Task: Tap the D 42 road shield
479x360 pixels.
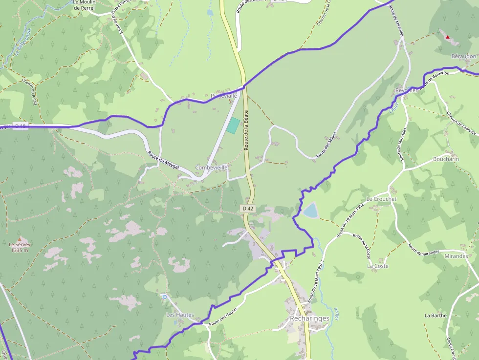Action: (248, 209)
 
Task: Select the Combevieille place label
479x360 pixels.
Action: (212, 168)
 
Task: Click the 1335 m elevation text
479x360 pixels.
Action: (19, 250)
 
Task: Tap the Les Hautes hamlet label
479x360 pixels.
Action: (180, 315)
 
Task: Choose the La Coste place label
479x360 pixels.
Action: (378, 266)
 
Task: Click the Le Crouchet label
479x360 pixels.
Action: (382, 199)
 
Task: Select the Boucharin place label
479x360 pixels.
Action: (446, 159)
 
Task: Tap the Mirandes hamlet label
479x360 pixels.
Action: (456, 256)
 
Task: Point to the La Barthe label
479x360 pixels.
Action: (435, 316)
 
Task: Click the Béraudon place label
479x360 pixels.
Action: (463, 56)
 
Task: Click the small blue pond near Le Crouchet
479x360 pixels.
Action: (310, 211)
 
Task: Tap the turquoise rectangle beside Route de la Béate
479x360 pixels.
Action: (233, 126)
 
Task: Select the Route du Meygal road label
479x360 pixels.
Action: (163, 160)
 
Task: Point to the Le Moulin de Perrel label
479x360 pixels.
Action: (84, 5)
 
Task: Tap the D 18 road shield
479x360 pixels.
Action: (20, 126)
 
